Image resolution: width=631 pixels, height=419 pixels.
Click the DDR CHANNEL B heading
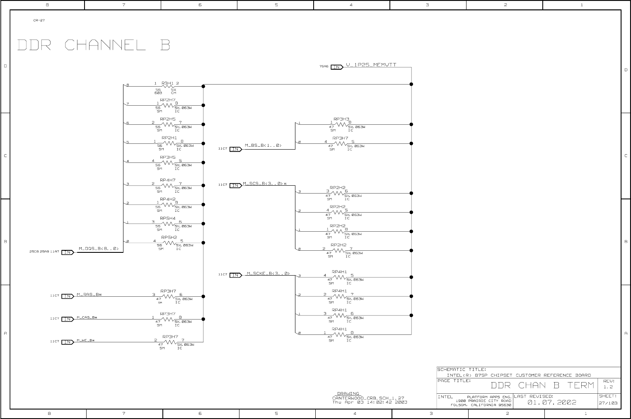[94, 45]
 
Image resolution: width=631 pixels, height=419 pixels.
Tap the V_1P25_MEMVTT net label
[371, 65]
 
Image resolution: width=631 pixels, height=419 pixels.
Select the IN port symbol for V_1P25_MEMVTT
[337, 67]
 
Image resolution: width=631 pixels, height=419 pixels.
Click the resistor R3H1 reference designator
[167, 83]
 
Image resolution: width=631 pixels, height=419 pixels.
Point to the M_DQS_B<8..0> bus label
[99, 249]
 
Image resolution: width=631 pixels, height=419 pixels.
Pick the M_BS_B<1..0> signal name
[263, 145]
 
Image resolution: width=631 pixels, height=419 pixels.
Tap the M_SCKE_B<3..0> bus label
[268, 273]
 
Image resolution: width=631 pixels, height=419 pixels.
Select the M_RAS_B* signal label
[89, 295]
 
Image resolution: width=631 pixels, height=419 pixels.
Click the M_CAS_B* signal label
[87, 317]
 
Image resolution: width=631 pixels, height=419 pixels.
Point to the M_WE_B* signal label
[86, 340]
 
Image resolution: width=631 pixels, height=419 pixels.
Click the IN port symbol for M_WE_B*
[68, 342]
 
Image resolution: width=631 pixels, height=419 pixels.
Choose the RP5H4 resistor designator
[168, 218]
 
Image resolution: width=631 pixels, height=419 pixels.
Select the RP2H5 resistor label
[168, 119]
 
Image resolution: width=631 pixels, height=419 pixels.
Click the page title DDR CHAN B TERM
[542, 385]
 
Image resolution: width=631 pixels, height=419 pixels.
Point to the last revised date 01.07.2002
[552, 402]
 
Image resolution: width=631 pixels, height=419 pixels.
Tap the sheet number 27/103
[608, 402]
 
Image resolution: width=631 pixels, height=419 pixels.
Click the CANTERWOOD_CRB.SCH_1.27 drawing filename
[368, 398]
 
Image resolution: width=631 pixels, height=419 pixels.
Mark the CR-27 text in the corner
[39, 20]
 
